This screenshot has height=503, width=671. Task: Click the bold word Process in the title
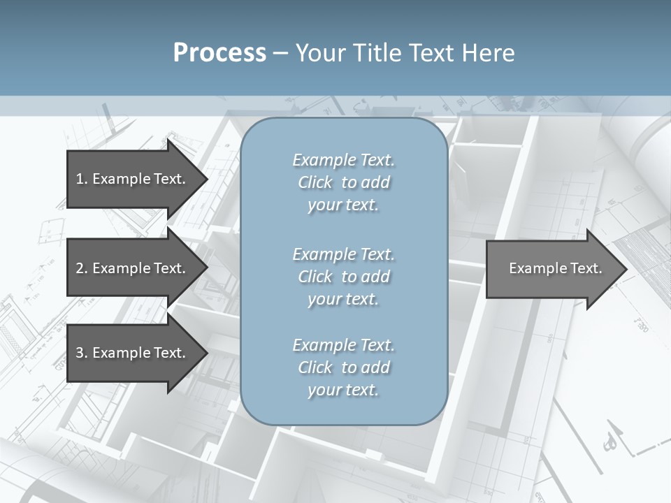pos(219,53)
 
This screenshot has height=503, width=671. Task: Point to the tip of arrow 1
pos(206,179)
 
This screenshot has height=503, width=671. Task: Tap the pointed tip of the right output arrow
pos(626,269)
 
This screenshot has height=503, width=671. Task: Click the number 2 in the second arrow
pos(80,268)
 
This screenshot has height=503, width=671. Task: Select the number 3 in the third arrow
pos(80,353)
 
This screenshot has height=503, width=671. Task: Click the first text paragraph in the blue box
pos(343,182)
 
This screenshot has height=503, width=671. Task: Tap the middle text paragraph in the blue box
pos(343,277)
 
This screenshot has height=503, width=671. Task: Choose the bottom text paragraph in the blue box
pos(343,367)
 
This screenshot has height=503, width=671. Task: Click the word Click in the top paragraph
pos(315,182)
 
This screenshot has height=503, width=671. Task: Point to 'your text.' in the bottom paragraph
pos(343,390)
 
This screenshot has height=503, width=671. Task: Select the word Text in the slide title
pos(430,53)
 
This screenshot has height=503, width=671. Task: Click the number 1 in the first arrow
pos(80,179)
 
